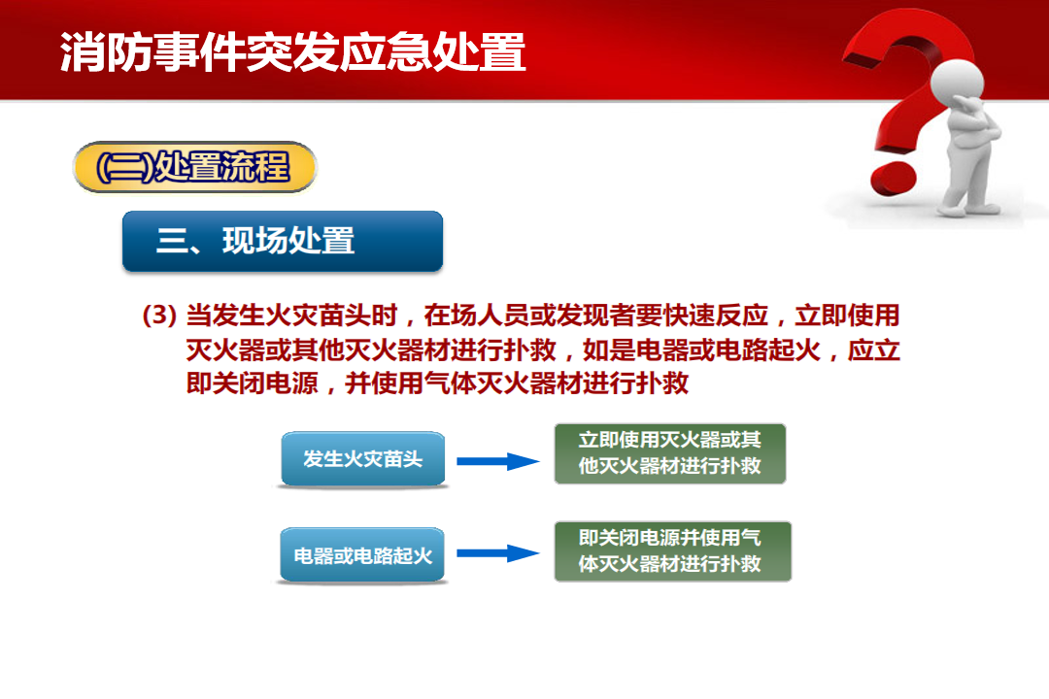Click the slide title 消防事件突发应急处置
292,52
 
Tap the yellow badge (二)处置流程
194,167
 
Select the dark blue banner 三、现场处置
283,241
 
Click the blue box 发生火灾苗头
362,459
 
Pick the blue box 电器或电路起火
362,555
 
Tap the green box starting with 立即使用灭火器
669,452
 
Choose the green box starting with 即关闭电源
672,551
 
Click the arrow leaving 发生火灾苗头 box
497,461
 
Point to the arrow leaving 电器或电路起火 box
497,553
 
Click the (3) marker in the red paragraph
159,315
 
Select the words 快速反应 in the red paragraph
715,315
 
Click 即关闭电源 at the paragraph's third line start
253,383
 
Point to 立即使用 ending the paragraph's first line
847,315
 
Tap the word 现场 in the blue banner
249,241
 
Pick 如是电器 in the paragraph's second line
635,349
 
